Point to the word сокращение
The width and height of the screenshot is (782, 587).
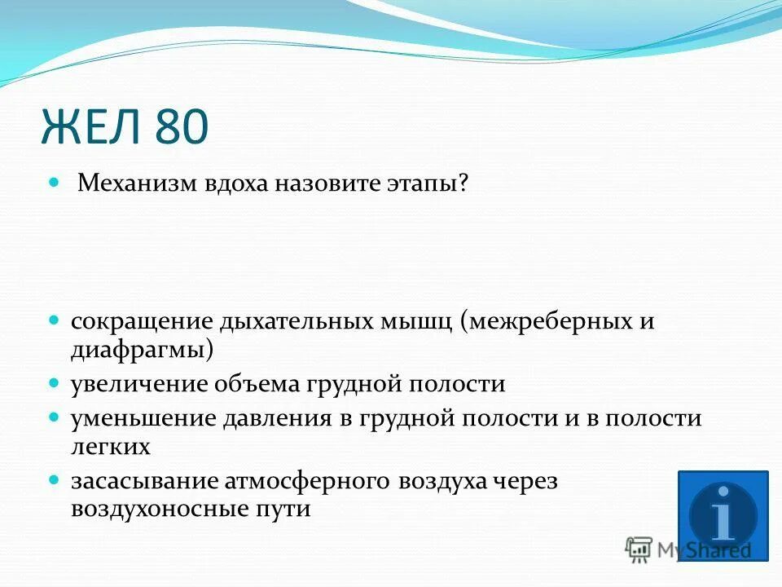141,320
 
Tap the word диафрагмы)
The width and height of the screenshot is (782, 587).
143,350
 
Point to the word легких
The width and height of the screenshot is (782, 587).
111,447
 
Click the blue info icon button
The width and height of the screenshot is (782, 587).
723,515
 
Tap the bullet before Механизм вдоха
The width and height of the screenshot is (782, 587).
55,182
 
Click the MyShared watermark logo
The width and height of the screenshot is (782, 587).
688,549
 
